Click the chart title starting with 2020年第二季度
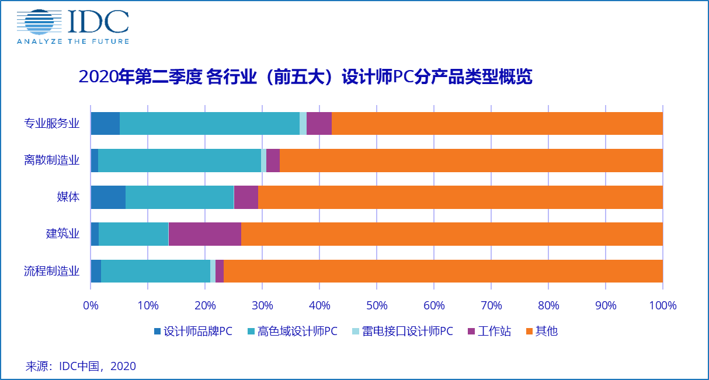point(305,77)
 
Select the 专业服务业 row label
point(52,123)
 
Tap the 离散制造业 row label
point(52,160)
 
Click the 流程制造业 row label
point(52,271)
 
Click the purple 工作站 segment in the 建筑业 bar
point(204,234)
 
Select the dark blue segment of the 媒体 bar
point(108,197)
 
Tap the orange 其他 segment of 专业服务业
point(496,123)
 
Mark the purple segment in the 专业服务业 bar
point(319,123)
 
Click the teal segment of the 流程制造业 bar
point(155,271)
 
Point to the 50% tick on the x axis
point(377,305)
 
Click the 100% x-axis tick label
point(662,305)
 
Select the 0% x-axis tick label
point(91,305)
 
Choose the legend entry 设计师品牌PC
point(193,332)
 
